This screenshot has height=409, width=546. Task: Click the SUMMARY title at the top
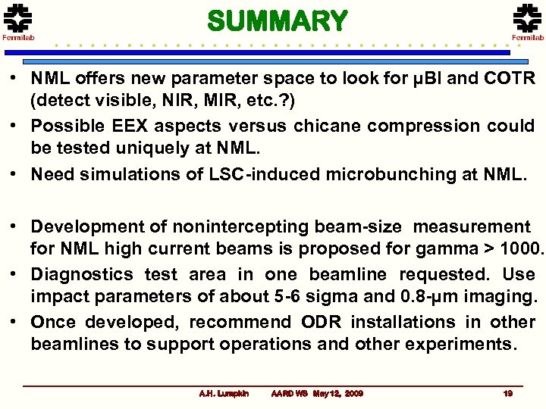click(x=277, y=20)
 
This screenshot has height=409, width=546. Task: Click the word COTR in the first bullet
click(x=509, y=79)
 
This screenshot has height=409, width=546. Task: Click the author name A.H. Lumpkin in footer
click(x=224, y=394)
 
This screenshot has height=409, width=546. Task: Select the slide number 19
click(x=507, y=394)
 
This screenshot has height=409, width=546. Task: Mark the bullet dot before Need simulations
click(x=15, y=174)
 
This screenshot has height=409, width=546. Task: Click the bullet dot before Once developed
click(x=15, y=322)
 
